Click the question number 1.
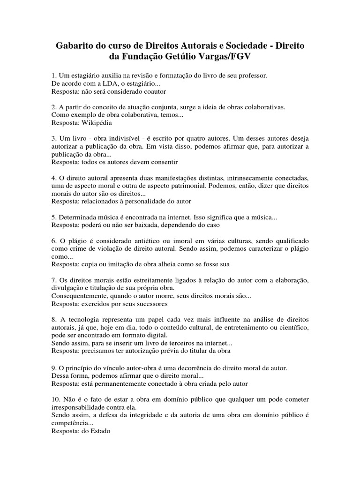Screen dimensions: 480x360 tap(53, 75)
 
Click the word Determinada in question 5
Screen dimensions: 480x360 tap(78, 217)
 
